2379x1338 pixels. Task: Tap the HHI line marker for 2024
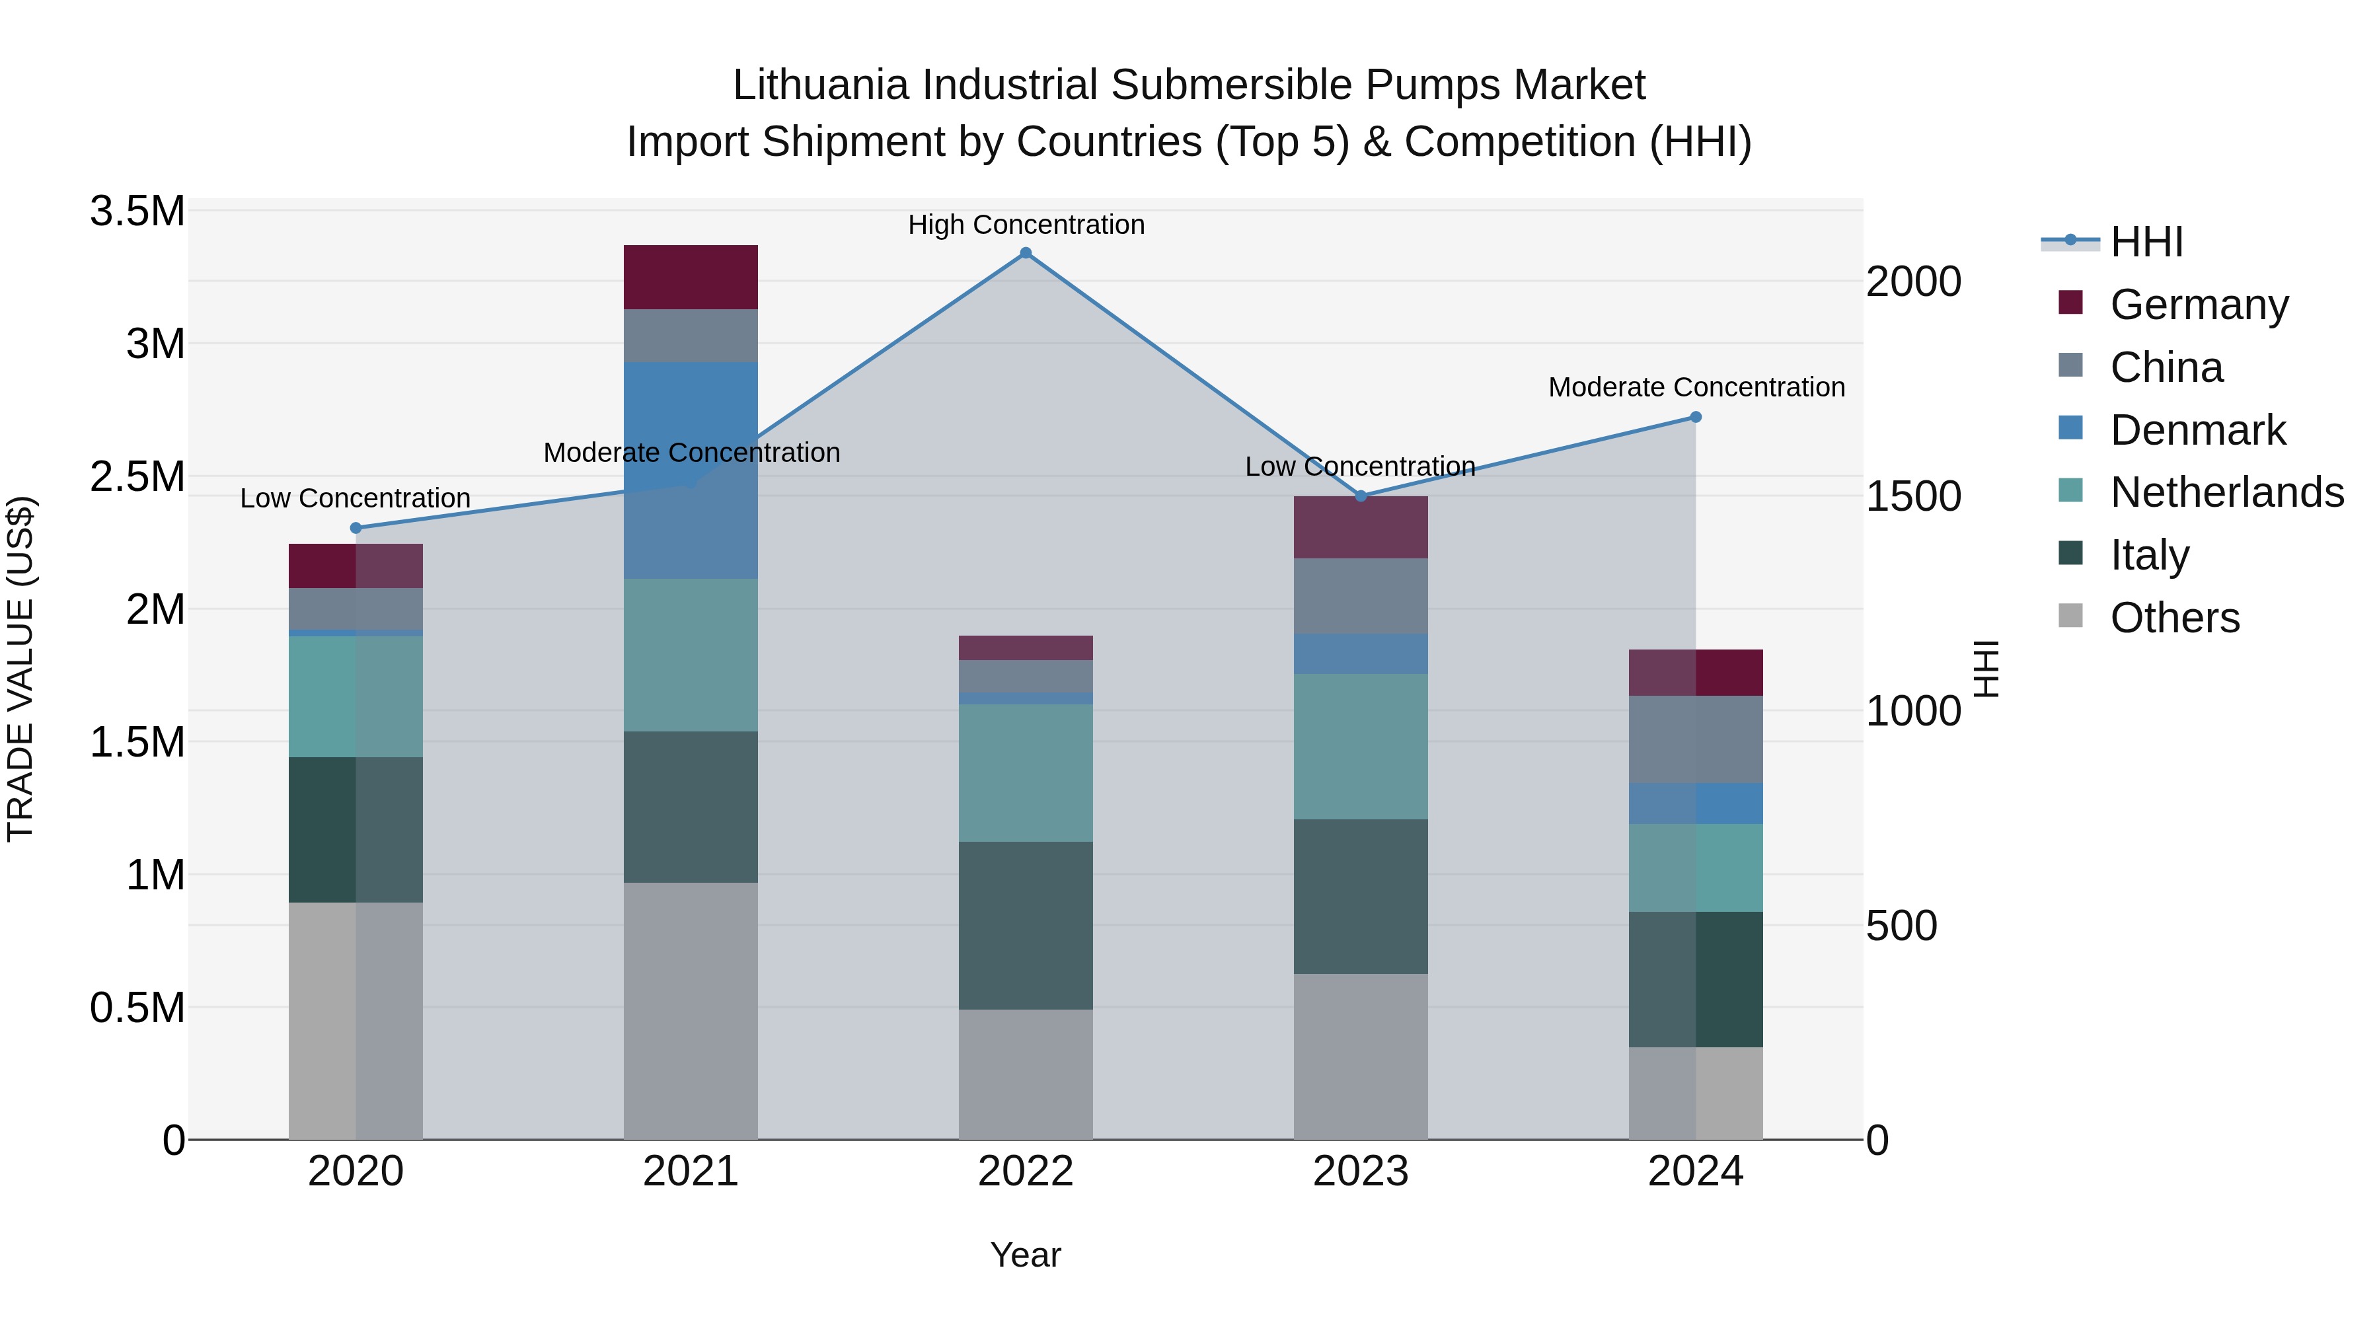(1696, 418)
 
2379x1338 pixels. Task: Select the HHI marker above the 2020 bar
(356, 528)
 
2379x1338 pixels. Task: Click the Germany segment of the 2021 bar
(691, 277)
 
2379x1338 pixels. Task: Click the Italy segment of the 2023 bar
(1361, 896)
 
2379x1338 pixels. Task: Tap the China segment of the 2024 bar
(1696, 739)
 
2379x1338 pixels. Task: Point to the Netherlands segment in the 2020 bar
(356, 696)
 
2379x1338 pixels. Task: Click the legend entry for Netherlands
(2226, 492)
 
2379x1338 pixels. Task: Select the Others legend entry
(2174, 618)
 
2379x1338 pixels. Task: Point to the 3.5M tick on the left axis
(137, 211)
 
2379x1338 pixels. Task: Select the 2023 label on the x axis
(1361, 1171)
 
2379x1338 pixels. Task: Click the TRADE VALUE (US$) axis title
(21, 669)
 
